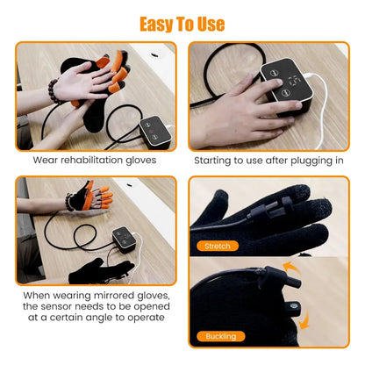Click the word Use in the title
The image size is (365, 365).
tap(208, 23)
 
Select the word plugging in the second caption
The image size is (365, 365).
tap(293, 161)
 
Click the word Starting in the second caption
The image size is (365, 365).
tap(218, 161)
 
